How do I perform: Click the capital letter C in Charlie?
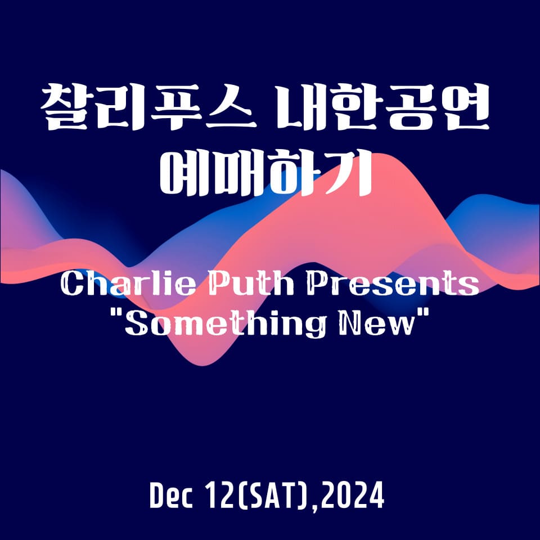pos(70,286)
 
